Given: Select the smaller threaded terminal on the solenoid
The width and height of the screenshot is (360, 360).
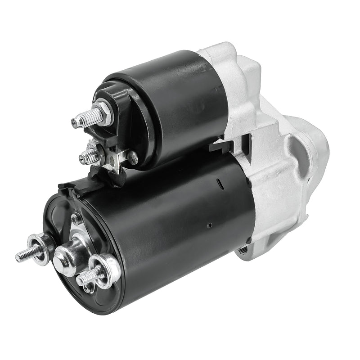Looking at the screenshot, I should (x=87, y=156).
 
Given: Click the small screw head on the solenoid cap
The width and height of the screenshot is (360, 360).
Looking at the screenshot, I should (x=133, y=157).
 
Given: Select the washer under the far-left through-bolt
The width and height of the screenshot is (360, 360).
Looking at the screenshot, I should (x=39, y=248).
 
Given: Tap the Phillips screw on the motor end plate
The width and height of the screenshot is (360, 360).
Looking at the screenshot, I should (x=77, y=219).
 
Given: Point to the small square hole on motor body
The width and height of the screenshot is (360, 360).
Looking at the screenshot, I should (x=209, y=224).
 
